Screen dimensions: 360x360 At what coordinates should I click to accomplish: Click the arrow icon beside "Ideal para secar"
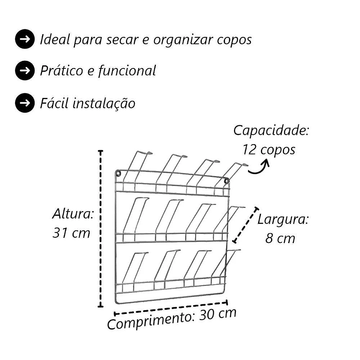coord(25,39)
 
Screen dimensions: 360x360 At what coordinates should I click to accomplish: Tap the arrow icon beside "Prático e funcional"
coord(25,71)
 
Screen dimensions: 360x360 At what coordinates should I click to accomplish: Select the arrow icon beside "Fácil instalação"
coord(25,103)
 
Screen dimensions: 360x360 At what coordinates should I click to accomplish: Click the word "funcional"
coord(127,71)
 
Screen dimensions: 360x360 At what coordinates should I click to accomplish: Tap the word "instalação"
coord(104,103)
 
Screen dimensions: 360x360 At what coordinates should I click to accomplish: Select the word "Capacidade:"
coord(271,131)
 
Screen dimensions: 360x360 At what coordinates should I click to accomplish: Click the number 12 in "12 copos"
coord(249,149)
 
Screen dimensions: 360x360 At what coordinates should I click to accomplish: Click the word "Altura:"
coord(73,214)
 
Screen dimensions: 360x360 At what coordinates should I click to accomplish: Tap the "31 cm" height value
coord(71,233)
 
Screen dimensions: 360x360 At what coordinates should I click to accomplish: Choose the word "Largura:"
coord(283,220)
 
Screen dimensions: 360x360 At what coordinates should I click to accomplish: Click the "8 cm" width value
coord(280,238)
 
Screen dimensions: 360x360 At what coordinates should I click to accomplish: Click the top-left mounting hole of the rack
coord(118,173)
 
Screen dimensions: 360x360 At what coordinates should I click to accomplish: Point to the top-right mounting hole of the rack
coord(226,181)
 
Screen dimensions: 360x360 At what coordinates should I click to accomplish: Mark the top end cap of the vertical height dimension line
coord(100,151)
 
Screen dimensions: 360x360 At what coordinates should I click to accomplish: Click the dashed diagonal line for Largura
coord(246,225)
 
